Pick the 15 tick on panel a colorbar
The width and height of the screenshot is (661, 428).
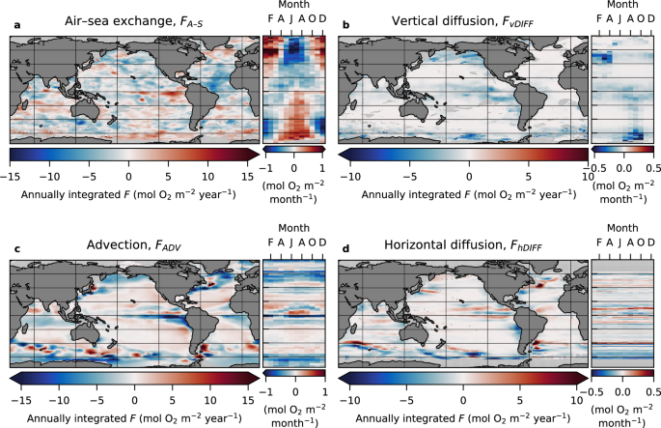248,176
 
